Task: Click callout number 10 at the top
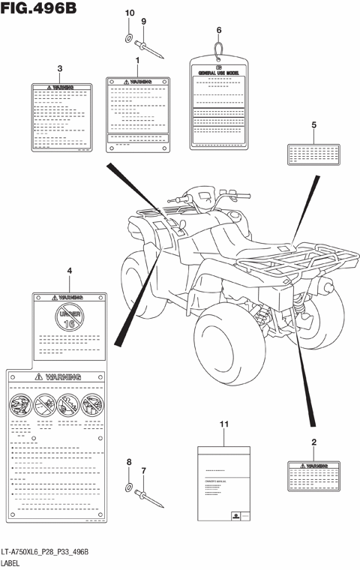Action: click(x=128, y=13)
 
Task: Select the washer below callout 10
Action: click(x=128, y=37)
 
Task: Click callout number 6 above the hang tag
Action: click(x=219, y=30)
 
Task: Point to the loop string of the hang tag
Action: click(x=219, y=49)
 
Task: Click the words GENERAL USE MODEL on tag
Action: click(x=219, y=73)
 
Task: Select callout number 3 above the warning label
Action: click(x=59, y=69)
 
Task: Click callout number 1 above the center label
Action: click(x=137, y=58)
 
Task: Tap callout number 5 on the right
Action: click(x=314, y=124)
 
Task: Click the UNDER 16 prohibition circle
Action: click(x=69, y=318)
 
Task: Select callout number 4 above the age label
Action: click(x=69, y=270)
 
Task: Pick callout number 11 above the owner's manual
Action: click(x=223, y=424)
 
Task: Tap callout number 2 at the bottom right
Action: click(x=313, y=442)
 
